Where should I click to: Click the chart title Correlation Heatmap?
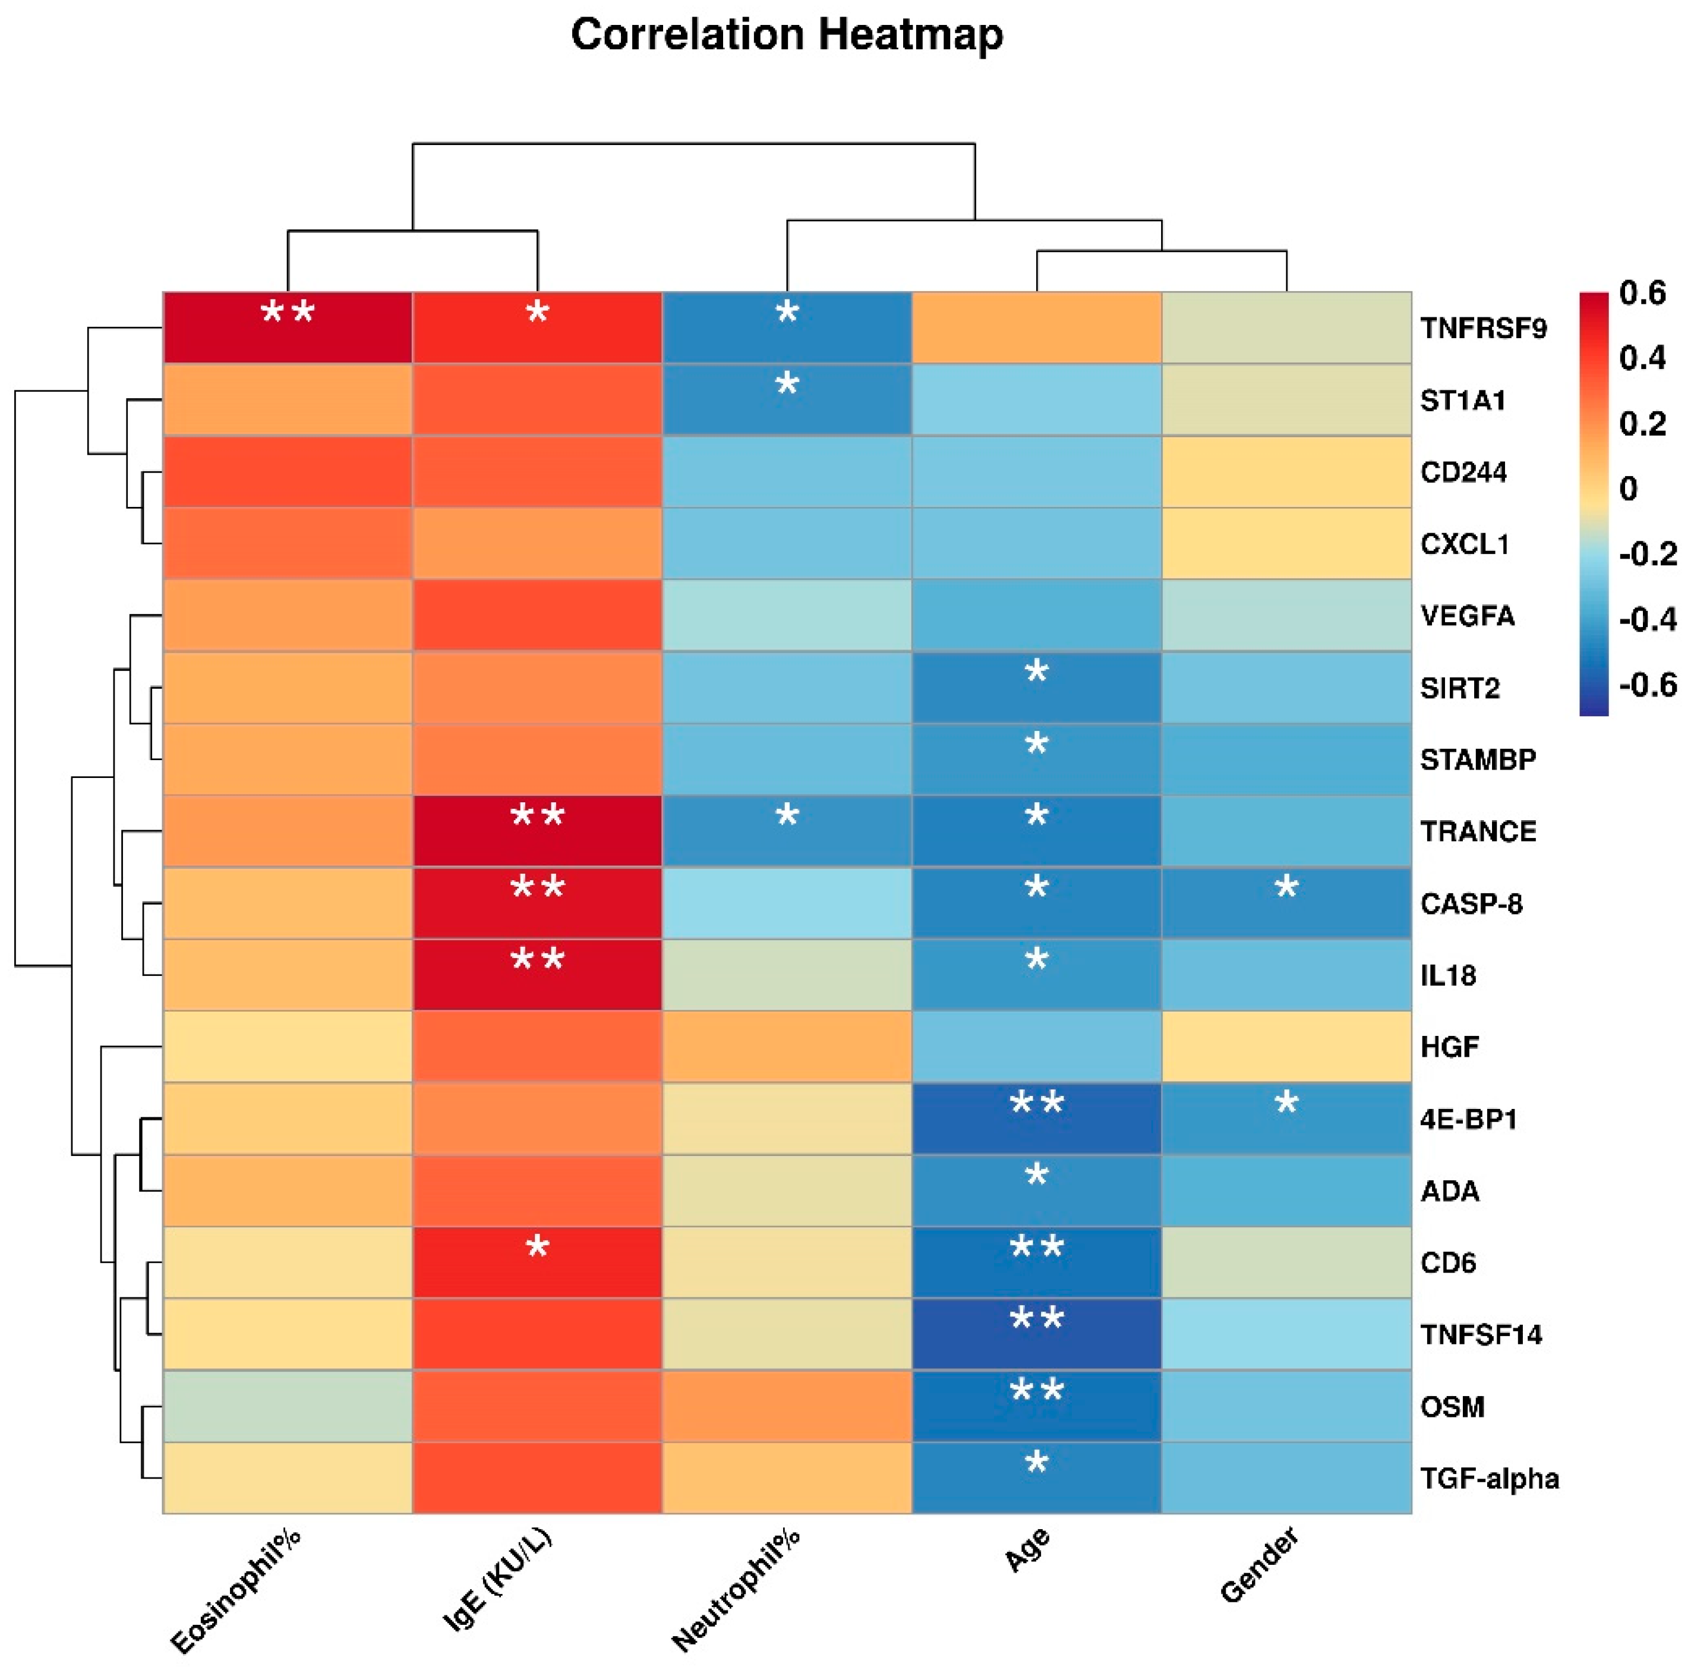pyautogui.click(x=787, y=35)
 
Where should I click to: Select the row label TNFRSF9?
pyautogui.click(x=1484, y=329)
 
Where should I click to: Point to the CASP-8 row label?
pyautogui.click(x=1471, y=903)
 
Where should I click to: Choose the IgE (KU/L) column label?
pyautogui.click(x=498, y=1579)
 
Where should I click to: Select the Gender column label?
pyautogui.click(x=1259, y=1565)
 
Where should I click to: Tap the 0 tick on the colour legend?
pyautogui.click(x=1628, y=489)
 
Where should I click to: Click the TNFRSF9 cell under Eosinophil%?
pyautogui.click(x=288, y=327)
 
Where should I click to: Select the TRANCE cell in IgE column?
pyautogui.click(x=537, y=830)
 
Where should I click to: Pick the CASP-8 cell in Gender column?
pyautogui.click(x=1286, y=902)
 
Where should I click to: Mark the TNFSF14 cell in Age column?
pyautogui.click(x=1036, y=1334)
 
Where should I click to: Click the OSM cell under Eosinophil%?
pyautogui.click(x=288, y=1406)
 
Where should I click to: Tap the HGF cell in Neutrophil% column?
pyautogui.click(x=787, y=1046)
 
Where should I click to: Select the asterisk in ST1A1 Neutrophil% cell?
pyautogui.click(x=787, y=384)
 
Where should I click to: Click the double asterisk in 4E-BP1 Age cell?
pyautogui.click(x=1036, y=1103)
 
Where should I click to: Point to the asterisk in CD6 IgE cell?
pyautogui.click(x=537, y=1247)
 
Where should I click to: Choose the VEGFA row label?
pyautogui.click(x=1467, y=616)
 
